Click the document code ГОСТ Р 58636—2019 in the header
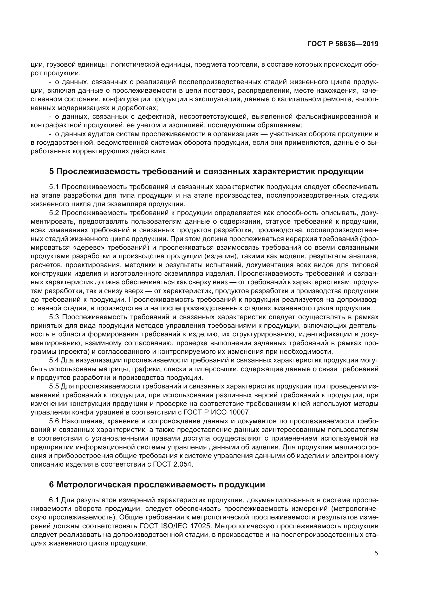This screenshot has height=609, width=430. pyautogui.click(x=343, y=44)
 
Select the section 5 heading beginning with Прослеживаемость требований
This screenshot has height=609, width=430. pyautogui.click(x=206, y=172)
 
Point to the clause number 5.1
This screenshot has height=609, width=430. pyautogui.click(x=54, y=187)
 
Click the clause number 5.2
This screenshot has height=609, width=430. pyautogui.click(x=54, y=213)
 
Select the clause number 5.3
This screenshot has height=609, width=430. pyautogui.click(x=54, y=317)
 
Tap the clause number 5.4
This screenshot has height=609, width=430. pyautogui.click(x=54, y=360)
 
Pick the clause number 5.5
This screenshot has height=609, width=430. pyautogui.click(x=54, y=386)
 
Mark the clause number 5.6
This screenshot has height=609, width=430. pyautogui.click(x=54, y=421)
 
